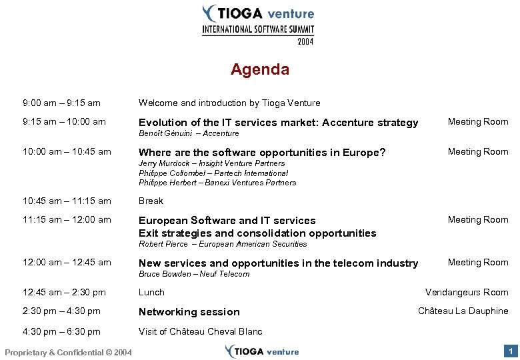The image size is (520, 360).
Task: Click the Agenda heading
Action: click(259, 69)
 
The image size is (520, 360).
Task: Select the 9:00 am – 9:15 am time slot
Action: click(61, 103)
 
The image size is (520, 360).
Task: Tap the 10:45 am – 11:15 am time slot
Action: click(67, 201)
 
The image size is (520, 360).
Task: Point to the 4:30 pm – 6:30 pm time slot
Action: click(61, 331)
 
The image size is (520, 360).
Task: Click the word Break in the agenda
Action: click(151, 201)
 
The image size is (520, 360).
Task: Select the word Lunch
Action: click(151, 292)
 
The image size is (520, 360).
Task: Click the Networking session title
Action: click(189, 312)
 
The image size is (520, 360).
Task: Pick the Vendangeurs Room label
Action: click(467, 292)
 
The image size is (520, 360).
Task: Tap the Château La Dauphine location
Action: click(463, 311)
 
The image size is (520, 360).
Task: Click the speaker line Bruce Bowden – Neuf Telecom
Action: click(194, 274)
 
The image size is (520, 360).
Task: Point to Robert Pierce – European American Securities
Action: click(213, 244)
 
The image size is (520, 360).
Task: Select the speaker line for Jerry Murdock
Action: click(211, 163)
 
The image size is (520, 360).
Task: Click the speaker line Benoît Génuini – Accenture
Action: click(189, 133)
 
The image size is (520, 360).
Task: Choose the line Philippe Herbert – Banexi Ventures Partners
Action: click(217, 183)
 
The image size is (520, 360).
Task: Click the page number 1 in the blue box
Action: click(510, 351)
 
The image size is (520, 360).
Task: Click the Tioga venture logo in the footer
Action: click(262, 351)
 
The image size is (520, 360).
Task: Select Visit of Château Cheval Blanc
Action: click(201, 331)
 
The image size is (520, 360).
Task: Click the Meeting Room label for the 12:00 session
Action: click(477, 262)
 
